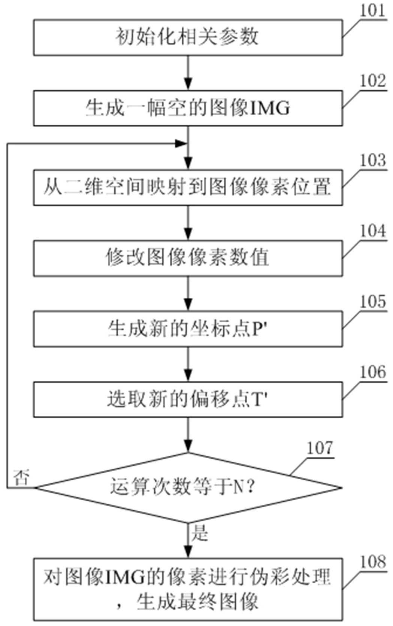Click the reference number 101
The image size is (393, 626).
pos(372,10)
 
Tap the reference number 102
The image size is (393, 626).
pos(372,81)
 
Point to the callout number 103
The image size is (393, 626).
pos(372,160)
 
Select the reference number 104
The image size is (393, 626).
pos(372,231)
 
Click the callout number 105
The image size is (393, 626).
pos(372,302)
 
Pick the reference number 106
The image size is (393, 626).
pos(372,372)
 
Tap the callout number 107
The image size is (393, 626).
pos(320,448)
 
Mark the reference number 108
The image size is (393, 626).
pos(372,562)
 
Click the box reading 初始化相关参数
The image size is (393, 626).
pos(188,37)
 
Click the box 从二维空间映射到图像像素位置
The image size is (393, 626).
pos(188,187)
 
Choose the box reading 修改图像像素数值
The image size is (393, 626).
pos(188,258)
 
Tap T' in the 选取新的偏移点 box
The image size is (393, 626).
pos(261,399)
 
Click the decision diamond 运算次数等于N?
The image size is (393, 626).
pos(188,487)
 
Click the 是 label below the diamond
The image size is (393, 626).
pos(199,533)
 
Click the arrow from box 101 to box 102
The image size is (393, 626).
pos(188,73)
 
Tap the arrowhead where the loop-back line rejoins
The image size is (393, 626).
pos(181,143)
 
